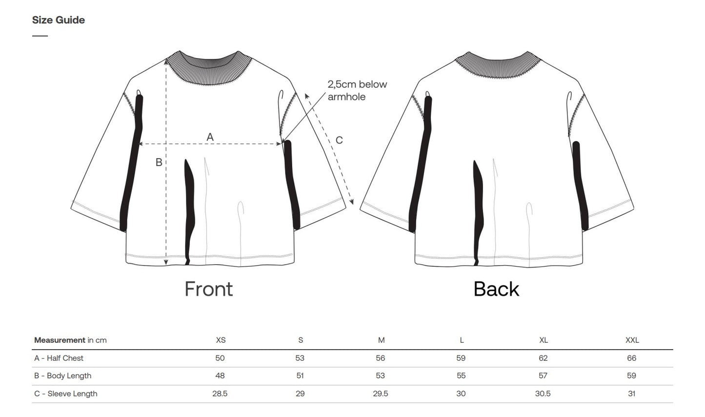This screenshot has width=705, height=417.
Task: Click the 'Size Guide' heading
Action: [x=59, y=20]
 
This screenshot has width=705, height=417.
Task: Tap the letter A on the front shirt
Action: [x=210, y=137]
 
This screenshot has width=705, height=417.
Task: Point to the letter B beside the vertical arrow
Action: [x=159, y=162]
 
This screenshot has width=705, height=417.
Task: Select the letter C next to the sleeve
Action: [x=339, y=140]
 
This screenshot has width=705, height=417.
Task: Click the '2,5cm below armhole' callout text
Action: [x=357, y=90]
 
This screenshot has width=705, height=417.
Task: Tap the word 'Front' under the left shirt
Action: [x=209, y=289]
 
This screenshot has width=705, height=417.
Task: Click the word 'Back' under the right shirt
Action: [x=496, y=289]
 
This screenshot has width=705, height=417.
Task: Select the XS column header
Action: [x=221, y=340]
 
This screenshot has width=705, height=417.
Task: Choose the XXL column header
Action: [x=632, y=340]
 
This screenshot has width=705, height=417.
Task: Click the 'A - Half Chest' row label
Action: [x=59, y=358]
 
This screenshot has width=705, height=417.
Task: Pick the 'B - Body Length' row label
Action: [x=63, y=376]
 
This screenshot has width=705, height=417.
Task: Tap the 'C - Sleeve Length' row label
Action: [x=66, y=394]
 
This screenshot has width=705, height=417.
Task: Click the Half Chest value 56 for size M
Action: [x=381, y=358]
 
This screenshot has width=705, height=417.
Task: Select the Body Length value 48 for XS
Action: [x=220, y=376]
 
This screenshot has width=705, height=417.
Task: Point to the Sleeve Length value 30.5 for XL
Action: [x=543, y=394]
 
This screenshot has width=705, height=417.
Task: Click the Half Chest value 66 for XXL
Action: [x=632, y=358]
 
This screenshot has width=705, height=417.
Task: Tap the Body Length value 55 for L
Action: [x=461, y=376]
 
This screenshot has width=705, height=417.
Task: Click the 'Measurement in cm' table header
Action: [x=70, y=340]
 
